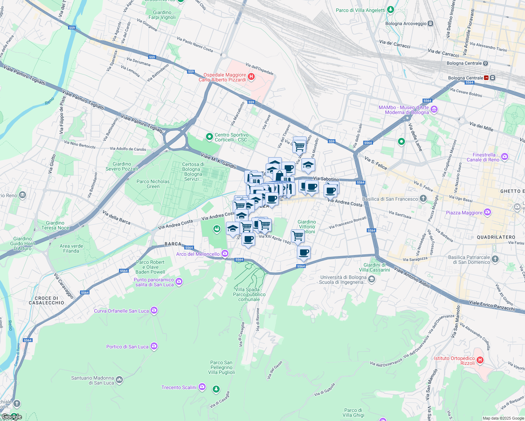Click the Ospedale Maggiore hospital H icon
pos(251,77)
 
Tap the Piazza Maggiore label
pos(464,213)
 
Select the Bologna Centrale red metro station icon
pos(486,78)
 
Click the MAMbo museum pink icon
pos(434,110)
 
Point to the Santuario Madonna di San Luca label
pos(92,380)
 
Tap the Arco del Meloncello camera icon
pos(225,253)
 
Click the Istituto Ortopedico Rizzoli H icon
pos(480,360)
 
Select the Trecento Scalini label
pos(179,387)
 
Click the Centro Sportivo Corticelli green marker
pos(210,137)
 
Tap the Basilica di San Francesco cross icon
pos(423,199)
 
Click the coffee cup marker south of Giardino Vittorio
pos(304,252)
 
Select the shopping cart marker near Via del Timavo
pos(299,146)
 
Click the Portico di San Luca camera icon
pos(154,346)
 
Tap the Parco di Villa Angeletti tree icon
pos(390,10)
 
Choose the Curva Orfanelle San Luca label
pos(121,311)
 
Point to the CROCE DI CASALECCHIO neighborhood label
pos(46,300)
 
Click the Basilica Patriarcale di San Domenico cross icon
pos(495,259)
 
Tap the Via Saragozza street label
pos(415,259)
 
